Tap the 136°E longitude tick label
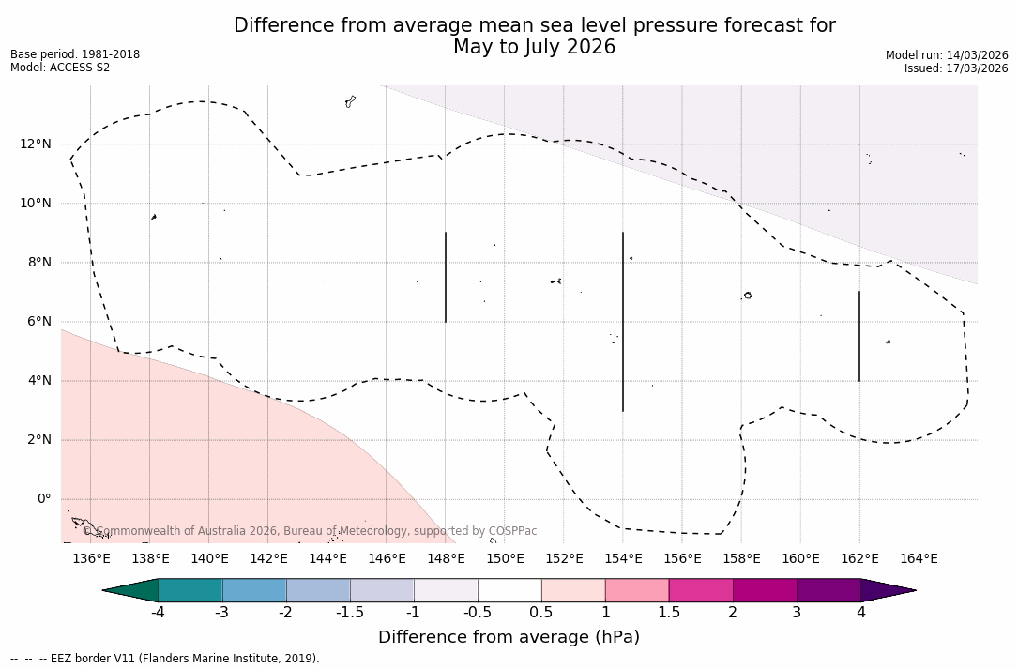tap(91, 559)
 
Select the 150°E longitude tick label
tap(505, 559)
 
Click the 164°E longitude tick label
tap(919, 559)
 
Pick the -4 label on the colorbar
tap(159, 613)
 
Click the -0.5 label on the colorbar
tap(478, 613)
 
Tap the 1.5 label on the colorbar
tap(669, 613)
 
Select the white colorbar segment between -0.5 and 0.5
tap(509, 590)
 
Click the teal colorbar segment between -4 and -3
tap(190, 590)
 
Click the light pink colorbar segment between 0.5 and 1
tap(573, 590)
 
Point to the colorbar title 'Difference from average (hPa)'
tap(509, 638)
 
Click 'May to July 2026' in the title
tap(534, 47)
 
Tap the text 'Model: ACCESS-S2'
tap(60, 68)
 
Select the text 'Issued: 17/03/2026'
tap(956, 68)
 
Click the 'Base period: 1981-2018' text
tap(75, 54)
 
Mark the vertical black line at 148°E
tap(446, 277)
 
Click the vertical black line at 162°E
tap(859, 336)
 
